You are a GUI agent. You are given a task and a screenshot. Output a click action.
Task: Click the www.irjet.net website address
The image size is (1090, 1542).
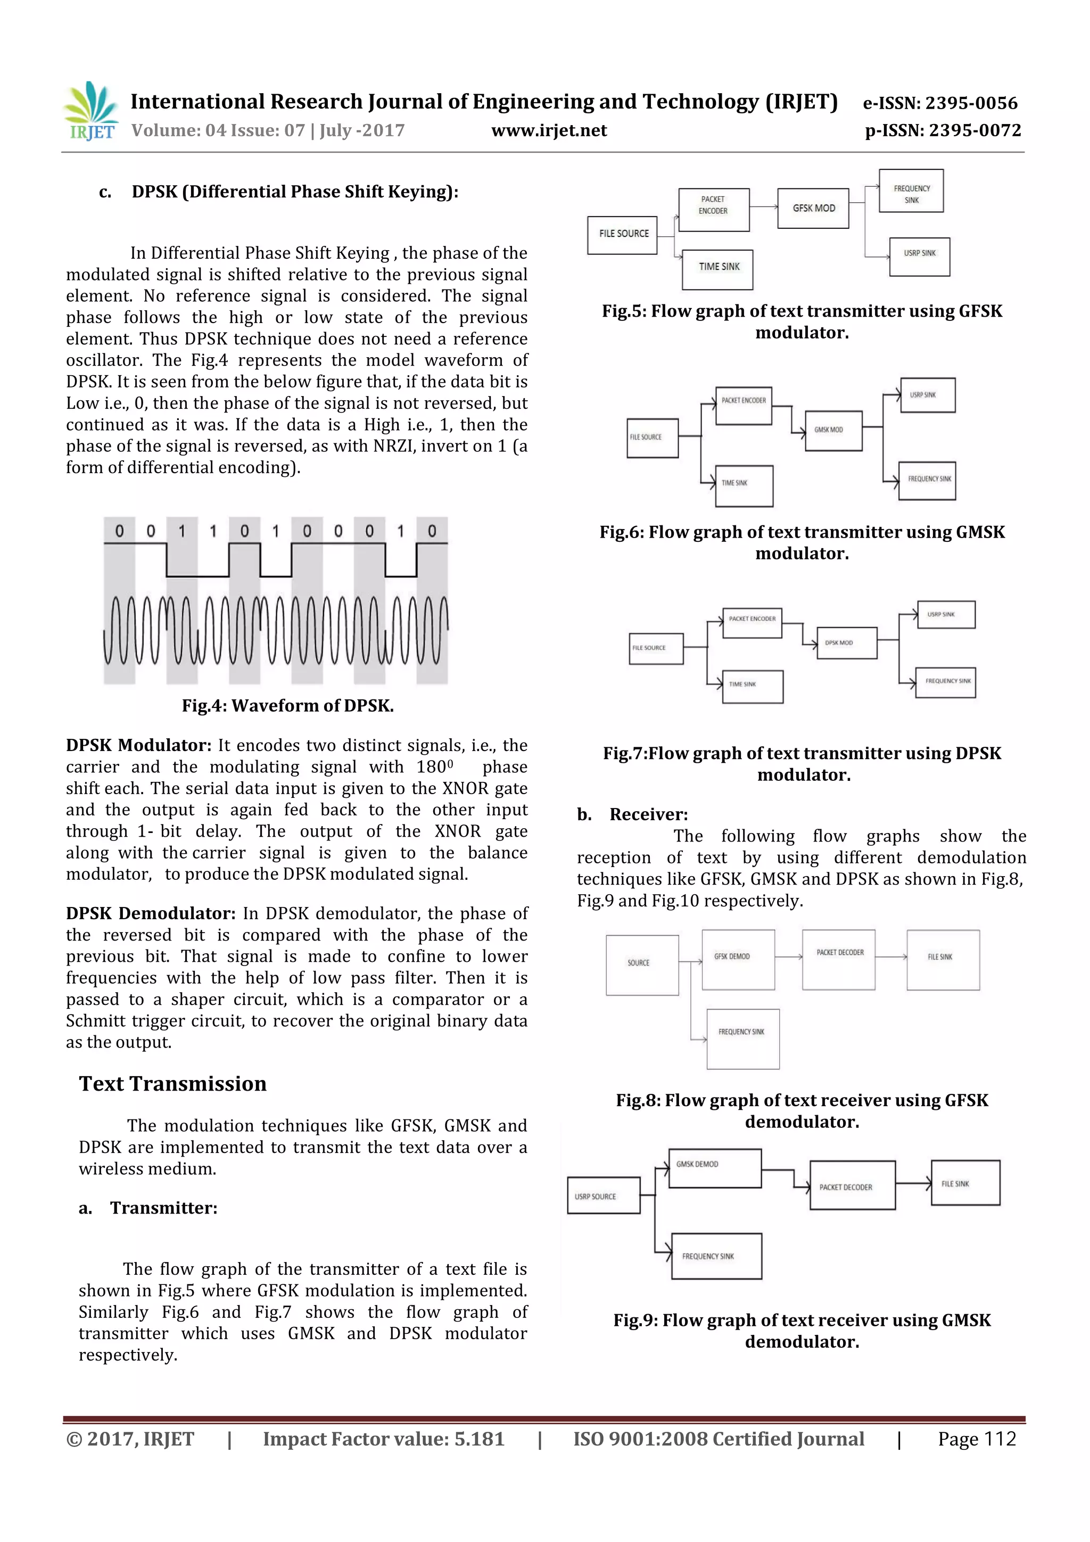[x=549, y=130]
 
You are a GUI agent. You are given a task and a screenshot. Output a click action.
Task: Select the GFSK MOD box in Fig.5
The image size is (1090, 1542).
[x=813, y=208]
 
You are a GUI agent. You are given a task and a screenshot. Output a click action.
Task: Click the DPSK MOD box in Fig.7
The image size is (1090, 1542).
[x=846, y=643]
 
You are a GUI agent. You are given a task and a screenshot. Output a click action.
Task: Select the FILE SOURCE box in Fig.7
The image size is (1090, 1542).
[x=656, y=648]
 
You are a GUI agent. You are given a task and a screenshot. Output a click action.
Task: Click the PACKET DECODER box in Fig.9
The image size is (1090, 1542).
[x=852, y=1185]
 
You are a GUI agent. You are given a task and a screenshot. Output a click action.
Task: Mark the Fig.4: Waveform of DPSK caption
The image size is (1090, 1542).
[x=287, y=705]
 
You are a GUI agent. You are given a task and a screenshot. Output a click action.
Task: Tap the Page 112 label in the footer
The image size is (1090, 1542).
[x=977, y=1439]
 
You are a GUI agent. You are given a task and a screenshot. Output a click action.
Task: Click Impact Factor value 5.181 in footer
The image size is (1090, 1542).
[x=384, y=1439]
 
